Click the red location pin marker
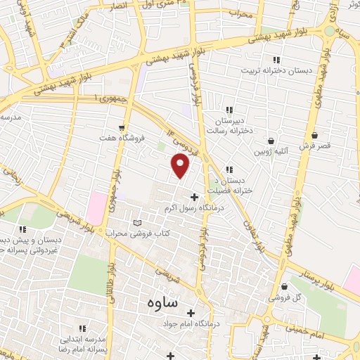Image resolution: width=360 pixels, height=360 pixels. (x=181, y=166)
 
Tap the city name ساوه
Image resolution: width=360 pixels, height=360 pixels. (x=163, y=303)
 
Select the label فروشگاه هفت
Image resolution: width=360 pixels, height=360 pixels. (x=123, y=139)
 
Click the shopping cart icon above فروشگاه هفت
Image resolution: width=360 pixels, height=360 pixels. (x=123, y=128)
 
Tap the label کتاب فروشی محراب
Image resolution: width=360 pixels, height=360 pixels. (x=138, y=233)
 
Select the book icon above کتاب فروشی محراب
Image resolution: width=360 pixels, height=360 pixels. (x=137, y=223)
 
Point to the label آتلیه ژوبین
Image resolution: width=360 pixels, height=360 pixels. (x=271, y=152)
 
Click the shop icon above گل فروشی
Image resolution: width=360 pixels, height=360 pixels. (x=283, y=287)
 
